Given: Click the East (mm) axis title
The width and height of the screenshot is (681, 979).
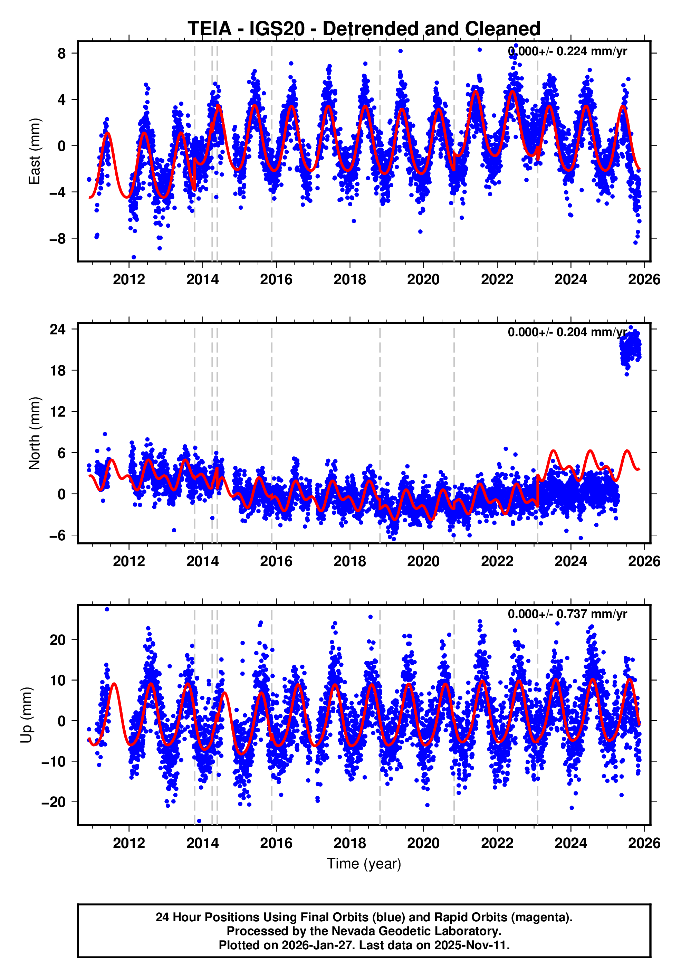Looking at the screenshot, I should tap(34, 151).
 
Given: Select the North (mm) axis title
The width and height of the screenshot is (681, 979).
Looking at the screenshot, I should tap(34, 433).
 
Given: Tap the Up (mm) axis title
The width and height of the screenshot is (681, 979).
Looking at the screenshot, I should tap(27, 715).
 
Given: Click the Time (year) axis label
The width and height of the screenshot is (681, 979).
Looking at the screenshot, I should tap(364, 863).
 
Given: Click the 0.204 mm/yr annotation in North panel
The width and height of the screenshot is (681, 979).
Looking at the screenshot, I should tap(567, 332).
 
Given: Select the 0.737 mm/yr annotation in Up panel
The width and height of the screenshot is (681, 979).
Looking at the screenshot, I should tap(567, 614).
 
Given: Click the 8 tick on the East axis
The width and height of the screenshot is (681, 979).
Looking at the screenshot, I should tap(62, 54).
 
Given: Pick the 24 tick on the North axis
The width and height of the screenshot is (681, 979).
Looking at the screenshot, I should tap(58, 330).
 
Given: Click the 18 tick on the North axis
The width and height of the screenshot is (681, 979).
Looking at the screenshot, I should tap(58, 371).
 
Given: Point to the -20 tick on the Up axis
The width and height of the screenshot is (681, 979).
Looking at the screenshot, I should tap(53, 802).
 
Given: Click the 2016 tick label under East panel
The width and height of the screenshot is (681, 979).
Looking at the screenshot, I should tap(276, 280).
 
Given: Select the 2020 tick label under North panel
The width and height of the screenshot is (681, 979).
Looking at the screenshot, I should tap(423, 562).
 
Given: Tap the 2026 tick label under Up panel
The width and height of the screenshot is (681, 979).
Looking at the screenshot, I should tap(643, 843).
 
